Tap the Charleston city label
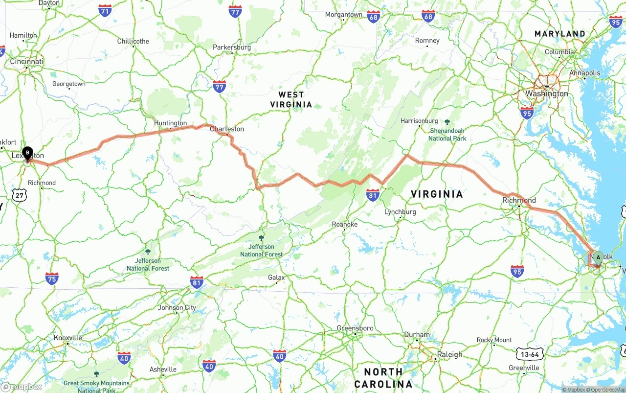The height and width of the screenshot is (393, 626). point(227,129)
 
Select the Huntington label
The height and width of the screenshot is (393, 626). point(170,123)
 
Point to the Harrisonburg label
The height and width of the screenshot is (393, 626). point(419,121)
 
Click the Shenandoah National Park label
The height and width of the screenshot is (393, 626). point(447,134)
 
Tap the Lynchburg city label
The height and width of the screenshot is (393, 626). point(400,212)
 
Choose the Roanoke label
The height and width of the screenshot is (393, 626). point(345,225)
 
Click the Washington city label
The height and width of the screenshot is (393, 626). point(547,93)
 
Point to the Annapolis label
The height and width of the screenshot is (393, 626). point(584,73)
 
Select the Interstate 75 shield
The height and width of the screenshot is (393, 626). point(52,278)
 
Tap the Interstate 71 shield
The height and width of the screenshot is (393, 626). point(105,10)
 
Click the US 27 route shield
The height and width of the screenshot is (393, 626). point(20,195)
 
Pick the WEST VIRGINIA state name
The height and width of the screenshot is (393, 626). point(291,99)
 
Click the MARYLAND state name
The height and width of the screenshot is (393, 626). point(560,34)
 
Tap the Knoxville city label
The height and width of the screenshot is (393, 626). point(68,338)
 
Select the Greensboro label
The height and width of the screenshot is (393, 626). point(355,328)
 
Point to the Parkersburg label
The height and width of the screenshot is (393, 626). point(232,47)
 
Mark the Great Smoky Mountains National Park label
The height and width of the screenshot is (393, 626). point(96,387)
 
